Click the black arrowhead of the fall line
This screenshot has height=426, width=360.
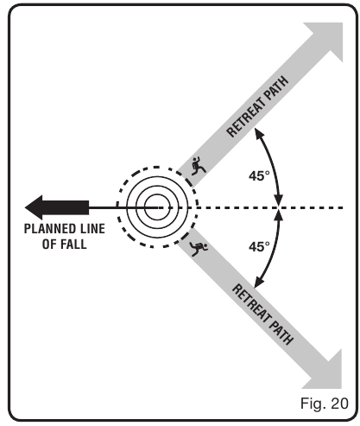pos(34,207)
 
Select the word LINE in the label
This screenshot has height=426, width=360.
pos(94,229)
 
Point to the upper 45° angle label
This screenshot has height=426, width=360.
pos(259,175)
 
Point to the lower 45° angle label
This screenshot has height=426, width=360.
pos(259,246)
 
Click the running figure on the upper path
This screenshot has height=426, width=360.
pos(199,165)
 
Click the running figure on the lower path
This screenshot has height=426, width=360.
pos(199,248)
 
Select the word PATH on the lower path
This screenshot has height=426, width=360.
pos(281,333)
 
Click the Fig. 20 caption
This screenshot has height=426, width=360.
pos(325,403)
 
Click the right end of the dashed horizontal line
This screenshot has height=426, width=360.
pos(343,207)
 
